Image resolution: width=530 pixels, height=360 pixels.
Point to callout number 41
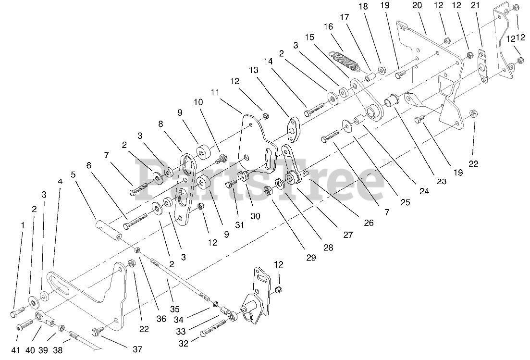[x=16, y=350]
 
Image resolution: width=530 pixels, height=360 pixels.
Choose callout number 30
[x=255, y=216]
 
